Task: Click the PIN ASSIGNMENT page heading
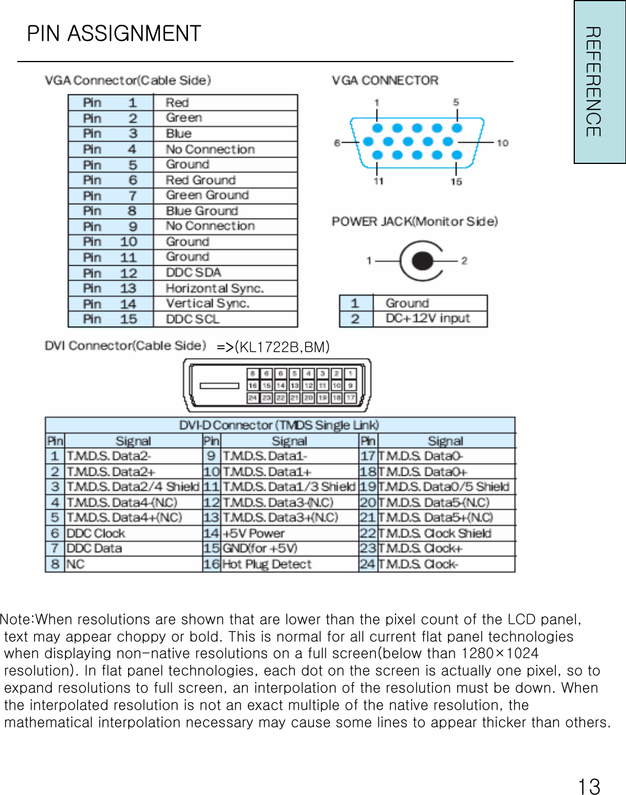114,34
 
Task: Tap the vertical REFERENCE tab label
593,82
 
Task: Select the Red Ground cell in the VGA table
201,180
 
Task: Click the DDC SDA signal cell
193,272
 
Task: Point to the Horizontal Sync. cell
214,288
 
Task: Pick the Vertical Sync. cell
208,303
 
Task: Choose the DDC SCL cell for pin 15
192,319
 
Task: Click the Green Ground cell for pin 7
207,195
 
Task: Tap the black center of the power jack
422,261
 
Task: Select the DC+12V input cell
428,318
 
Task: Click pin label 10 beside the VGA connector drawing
502,143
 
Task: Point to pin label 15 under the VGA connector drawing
456,182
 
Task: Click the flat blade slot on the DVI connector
219,386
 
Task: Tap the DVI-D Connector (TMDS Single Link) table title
279,425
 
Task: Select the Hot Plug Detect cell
267,564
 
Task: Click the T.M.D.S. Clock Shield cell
435,533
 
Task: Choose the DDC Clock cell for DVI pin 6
95,533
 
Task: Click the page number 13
589,786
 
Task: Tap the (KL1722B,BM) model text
282,347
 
